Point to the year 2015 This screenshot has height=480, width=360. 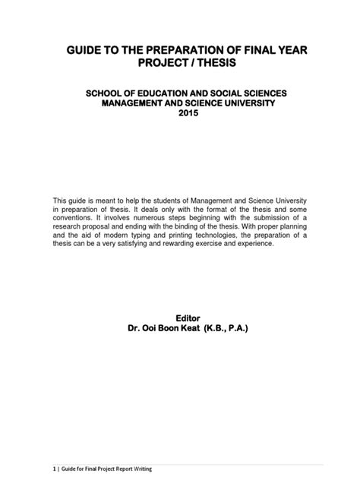180,113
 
